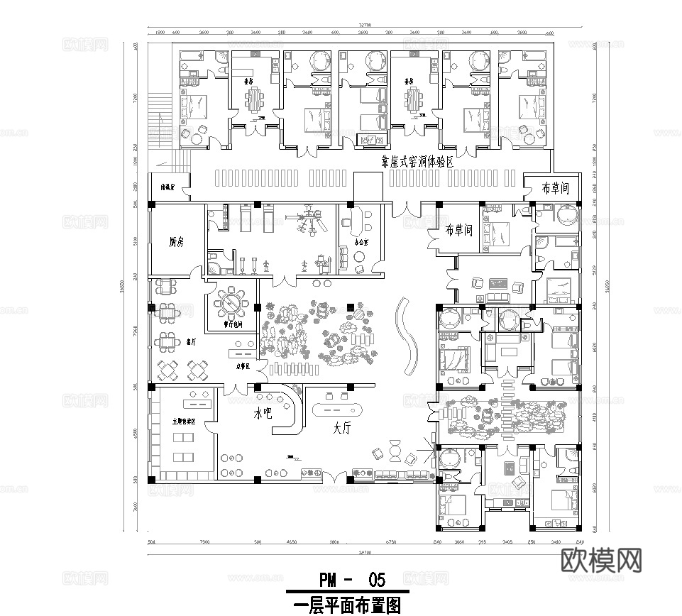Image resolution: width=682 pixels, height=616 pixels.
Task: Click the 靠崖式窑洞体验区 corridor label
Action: coord(417,162)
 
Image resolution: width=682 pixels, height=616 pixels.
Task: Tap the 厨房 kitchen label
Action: coord(177,242)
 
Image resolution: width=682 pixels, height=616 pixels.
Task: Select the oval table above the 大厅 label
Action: coord(337,409)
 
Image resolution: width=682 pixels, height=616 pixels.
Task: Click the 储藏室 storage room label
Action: coord(169,188)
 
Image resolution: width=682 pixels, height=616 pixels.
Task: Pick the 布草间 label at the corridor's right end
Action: coord(556,188)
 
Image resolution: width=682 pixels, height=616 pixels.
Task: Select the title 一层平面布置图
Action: coord(347,605)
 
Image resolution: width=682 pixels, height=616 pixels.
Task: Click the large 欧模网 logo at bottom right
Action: coord(602,561)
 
